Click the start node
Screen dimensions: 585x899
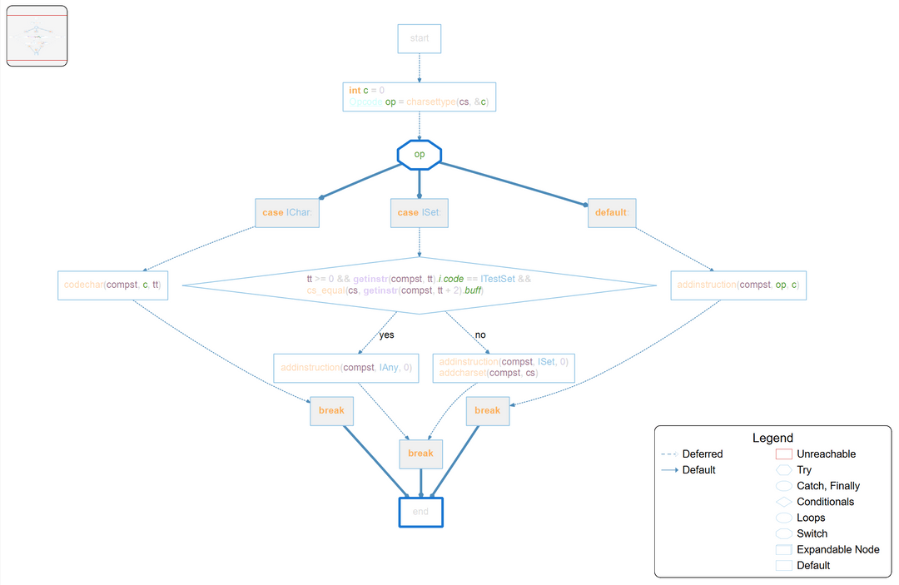419,39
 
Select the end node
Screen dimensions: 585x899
420,512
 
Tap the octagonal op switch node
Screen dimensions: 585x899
419,155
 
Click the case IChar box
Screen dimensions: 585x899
287,212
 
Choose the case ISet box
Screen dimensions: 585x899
419,212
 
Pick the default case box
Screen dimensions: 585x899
611,212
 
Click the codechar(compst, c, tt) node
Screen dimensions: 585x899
113,285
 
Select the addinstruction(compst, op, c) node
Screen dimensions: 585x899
738,285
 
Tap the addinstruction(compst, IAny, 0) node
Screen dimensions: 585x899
346,368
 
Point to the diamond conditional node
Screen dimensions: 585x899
419,285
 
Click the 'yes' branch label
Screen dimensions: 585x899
386,335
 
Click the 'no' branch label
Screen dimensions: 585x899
480,335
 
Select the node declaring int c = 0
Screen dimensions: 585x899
419,97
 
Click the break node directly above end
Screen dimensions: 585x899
420,454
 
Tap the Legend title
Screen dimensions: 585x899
772,438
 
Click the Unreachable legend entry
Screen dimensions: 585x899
825,454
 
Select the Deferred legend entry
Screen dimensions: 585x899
702,454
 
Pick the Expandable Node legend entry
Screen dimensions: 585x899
837,549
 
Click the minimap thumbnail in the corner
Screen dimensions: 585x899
37,36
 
